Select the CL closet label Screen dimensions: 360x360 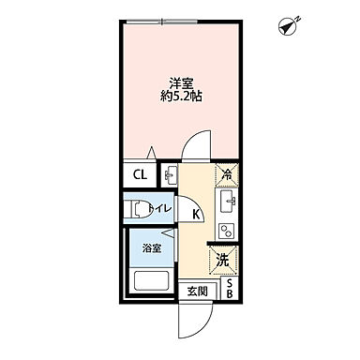click(x=138, y=174)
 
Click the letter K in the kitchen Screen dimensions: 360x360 click(x=196, y=215)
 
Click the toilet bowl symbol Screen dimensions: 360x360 click(x=137, y=208)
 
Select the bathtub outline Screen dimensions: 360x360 click(x=151, y=279)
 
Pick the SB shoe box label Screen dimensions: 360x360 click(x=228, y=290)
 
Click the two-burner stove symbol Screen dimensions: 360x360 click(x=226, y=230)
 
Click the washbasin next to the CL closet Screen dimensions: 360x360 click(x=170, y=174)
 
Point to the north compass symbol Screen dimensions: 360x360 click(x=289, y=28)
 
